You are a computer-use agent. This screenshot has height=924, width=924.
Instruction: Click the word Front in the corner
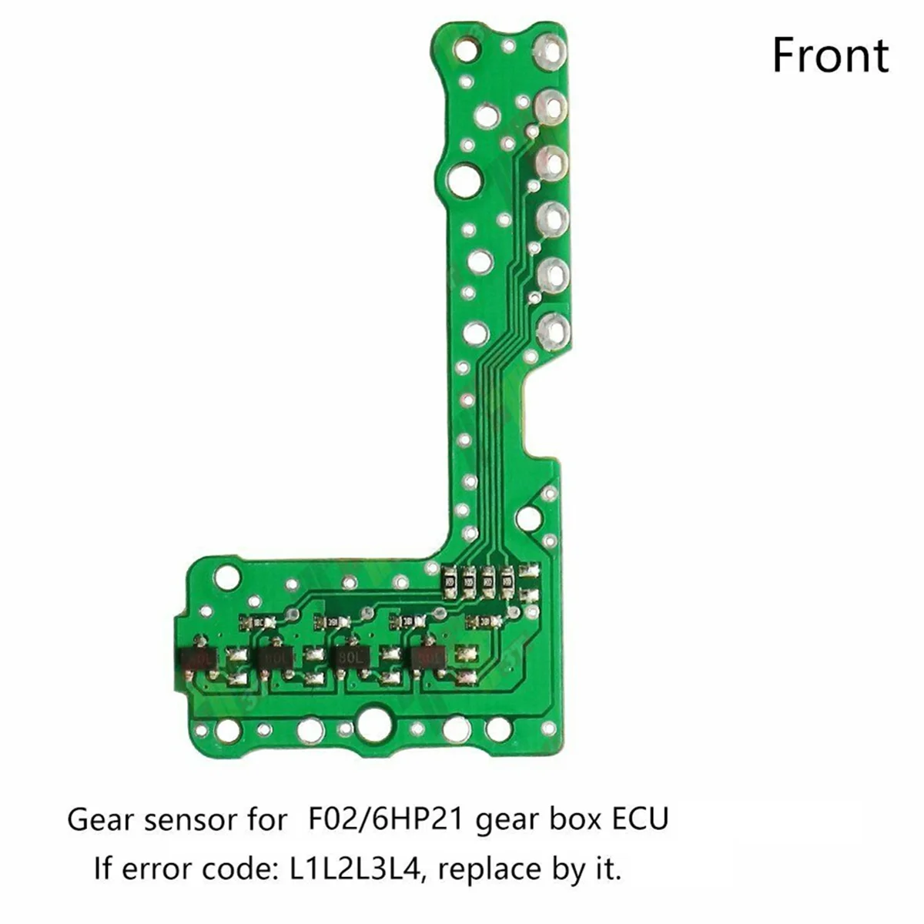point(830,56)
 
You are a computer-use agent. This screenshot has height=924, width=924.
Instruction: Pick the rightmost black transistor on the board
point(429,657)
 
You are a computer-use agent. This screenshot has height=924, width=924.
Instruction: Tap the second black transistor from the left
point(275,658)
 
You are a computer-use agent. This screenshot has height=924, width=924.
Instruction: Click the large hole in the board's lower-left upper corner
point(228,576)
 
